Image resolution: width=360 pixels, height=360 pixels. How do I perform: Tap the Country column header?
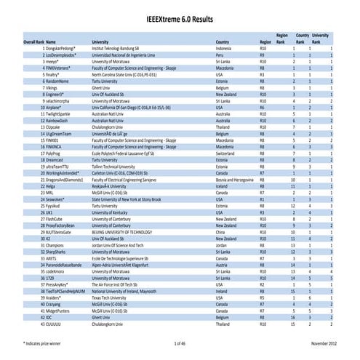coord(226,42)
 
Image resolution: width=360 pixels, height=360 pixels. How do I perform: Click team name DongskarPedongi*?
coord(63,48)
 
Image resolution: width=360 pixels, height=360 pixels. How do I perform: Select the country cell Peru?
coord(221,55)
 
